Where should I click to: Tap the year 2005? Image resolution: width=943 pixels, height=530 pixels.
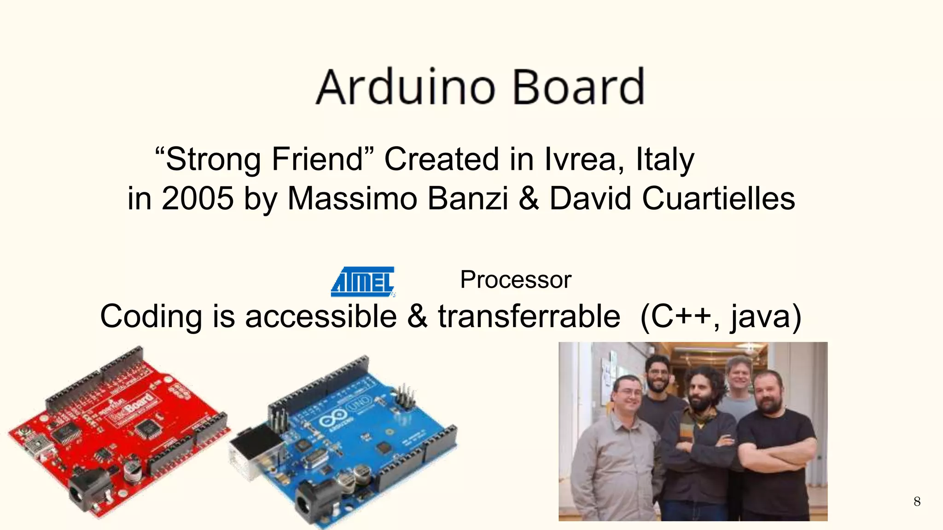point(198,199)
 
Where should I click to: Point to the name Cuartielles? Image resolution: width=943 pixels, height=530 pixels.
point(718,199)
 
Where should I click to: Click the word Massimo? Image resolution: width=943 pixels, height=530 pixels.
point(352,199)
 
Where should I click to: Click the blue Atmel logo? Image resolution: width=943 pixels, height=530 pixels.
point(363,281)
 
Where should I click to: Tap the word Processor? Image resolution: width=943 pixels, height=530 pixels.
point(516,280)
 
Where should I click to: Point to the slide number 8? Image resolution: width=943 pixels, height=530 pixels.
point(917,501)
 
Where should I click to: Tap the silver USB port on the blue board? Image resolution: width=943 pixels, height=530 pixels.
point(256,449)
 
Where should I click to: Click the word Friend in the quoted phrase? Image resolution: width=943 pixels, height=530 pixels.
point(318,159)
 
